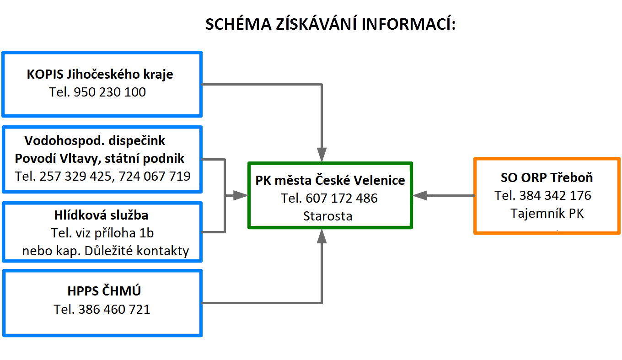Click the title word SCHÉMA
click(x=238, y=24)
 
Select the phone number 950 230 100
click(x=109, y=92)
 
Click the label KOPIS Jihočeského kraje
click(x=100, y=75)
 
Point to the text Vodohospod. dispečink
click(x=95, y=140)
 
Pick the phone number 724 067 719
click(x=155, y=176)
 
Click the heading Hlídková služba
click(x=101, y=215)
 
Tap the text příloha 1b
click(x=124, y=233)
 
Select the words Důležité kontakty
click(x=137, y=251)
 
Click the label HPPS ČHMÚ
click(x=104, y=291)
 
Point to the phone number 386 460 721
click(x=114, y=309)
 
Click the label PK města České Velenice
click(x=330, y=181)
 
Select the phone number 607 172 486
click(x=342, y=199)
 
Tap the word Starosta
click(x=327, y=216)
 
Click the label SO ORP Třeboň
click(x=547, y=178)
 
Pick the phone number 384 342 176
click(x=555, y=196)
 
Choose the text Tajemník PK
click(x=547, y=214)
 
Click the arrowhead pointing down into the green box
click(x=322, y=155)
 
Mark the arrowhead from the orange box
click(x=420, y=196)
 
